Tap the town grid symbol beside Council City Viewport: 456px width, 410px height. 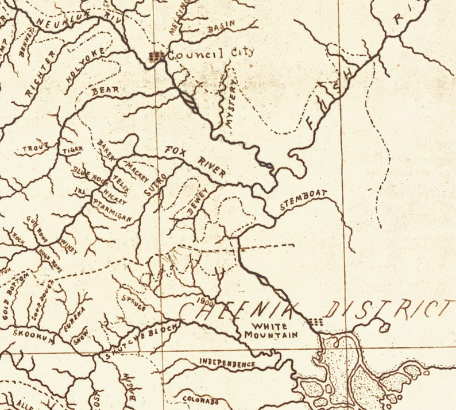[156, 56]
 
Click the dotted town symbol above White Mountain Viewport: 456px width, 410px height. [315, 322]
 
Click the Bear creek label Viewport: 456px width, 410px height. [105, 91]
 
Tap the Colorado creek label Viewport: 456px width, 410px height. [200, 400]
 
